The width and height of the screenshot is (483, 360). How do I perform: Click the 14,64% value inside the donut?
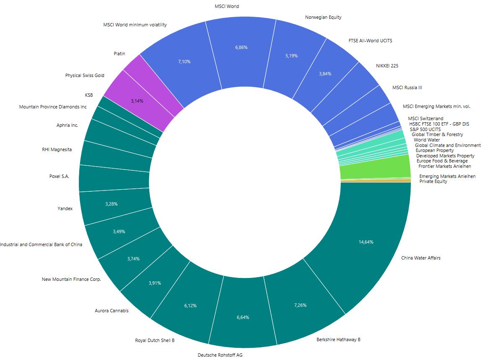point(366,242)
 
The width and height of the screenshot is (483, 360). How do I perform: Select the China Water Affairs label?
point(421,258)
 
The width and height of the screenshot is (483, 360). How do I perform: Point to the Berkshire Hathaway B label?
point(338,339)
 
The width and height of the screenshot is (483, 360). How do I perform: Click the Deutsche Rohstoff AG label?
point(220,355)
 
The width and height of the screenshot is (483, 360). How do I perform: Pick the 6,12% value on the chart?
point(190,306)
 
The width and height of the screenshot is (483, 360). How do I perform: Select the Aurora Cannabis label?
point(112,311)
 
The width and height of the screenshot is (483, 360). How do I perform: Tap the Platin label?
point(119,54)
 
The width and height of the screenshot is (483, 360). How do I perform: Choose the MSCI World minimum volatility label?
point(135,25)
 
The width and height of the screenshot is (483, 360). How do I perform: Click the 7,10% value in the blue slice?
point(184,62)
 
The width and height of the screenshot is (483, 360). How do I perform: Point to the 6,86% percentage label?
point(241,47)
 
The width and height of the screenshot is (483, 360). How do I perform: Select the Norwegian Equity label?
point(324,17)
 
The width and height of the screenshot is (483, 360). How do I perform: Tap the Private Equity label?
point(433,181)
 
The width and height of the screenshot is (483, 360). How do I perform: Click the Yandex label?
point(65,208)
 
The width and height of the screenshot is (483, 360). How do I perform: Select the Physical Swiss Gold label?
point(85,75)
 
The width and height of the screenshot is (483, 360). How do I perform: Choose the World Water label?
point(426,140)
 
